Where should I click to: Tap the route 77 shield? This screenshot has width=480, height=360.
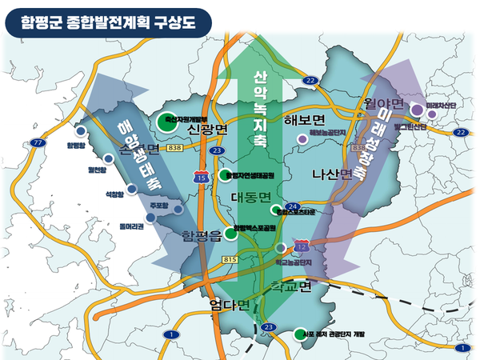tap(37, 143)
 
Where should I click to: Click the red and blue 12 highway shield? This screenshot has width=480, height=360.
tap(302, 243)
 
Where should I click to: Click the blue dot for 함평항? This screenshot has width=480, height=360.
tap(80, 130)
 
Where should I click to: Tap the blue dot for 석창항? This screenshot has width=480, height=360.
tap(130, 189)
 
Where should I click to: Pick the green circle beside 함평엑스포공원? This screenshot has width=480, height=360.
tap(230, 233)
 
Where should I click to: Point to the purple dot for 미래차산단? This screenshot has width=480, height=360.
tap(417, 110)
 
